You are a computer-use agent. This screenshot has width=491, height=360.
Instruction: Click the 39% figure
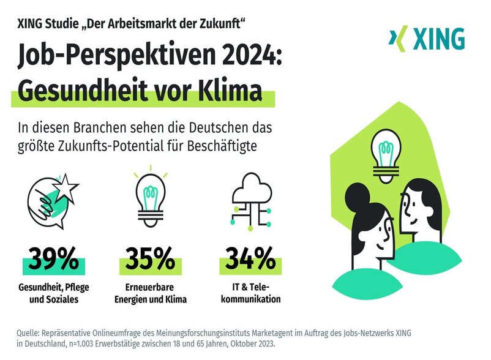pyautogui.click(x=53, y=259)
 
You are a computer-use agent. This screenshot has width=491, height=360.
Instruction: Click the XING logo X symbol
pyautogui.click(x=399, y=39)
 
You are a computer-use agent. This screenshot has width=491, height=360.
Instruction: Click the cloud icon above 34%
pyautogui.click(x=251, y=186)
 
